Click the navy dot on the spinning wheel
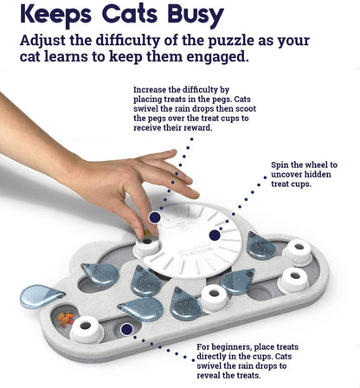tap(215, 235)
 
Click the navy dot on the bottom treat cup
tap(127, 329)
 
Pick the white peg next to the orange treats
tap(87, 327)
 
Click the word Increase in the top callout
tap(153, 89)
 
